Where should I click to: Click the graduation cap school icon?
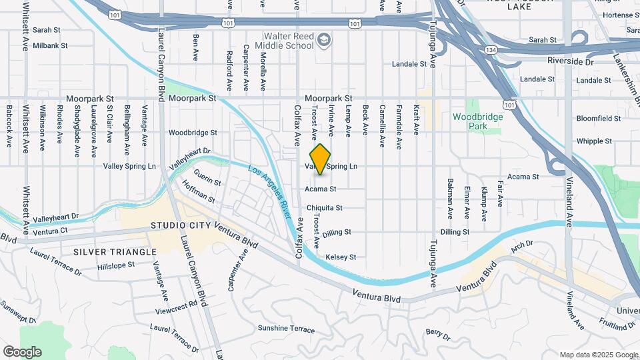pos(324,41)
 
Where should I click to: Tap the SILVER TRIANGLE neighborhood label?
pos(115,251)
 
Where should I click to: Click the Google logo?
pos(22,351)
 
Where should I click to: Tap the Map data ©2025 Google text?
pos(598,355)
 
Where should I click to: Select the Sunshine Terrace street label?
pos(286,329)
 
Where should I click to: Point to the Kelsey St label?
pos(341,257)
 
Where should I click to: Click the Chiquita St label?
pos(324,208)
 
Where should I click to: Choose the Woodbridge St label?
pos(193,133)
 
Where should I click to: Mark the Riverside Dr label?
pos(570,61)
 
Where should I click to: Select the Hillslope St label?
pos(116,265)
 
